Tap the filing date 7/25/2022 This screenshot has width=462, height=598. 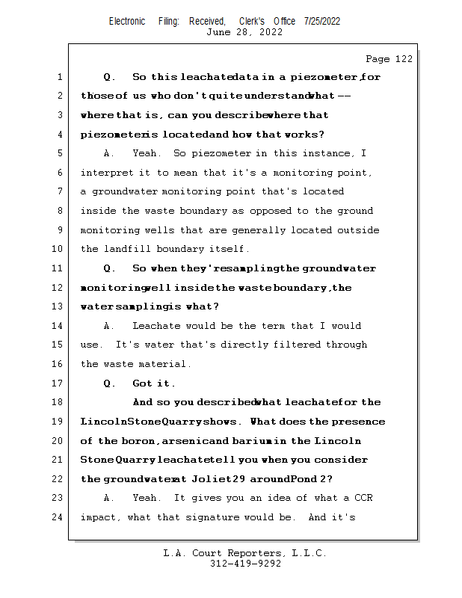point(322,21)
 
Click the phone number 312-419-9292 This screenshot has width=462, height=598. point(245,564)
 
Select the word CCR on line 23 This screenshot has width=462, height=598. point(364,498)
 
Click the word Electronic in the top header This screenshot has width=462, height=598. point(127,21)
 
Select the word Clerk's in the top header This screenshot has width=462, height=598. point(252,21)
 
